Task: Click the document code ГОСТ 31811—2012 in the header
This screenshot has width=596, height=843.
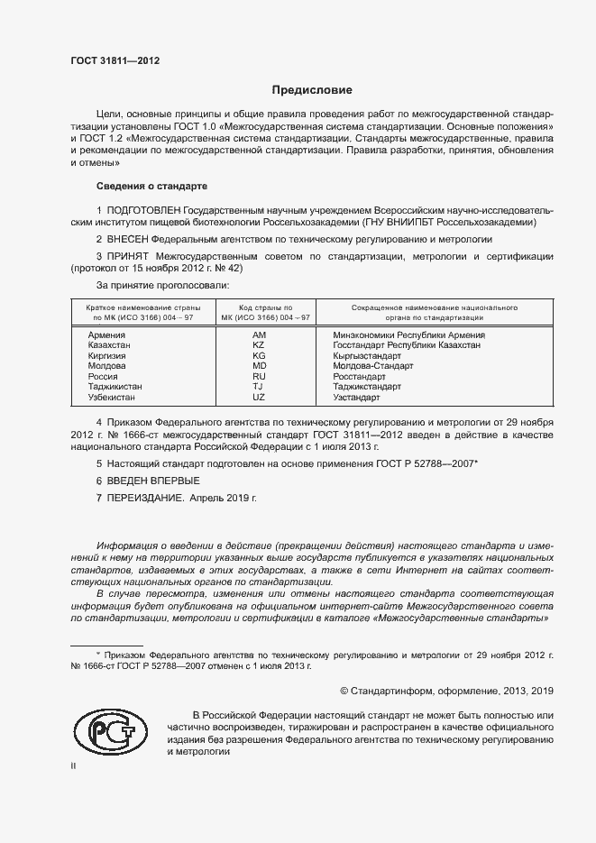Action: (x=115, y=61)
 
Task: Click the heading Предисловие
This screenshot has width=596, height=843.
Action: (x=312, y=90)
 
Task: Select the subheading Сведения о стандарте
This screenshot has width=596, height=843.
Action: (x=151, y=186)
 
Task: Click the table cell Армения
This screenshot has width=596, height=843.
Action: (x=106, y=334)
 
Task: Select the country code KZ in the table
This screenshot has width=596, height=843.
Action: (x=259, y=345)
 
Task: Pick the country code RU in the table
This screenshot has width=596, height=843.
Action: (x=259, y=377)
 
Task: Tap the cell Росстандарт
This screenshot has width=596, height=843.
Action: (x=359, y=377)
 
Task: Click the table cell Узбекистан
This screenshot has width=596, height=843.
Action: (x=112, y=398)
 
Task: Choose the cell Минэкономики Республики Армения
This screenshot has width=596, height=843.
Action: (x=408, y=334)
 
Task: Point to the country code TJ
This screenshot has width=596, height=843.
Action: (x=259, y=387)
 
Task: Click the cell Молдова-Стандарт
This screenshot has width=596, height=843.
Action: (x=372, y=366)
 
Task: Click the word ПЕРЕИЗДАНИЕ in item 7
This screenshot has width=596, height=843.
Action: (x=146, y=497)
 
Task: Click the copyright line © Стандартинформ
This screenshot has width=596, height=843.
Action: (x=446, y=691)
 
